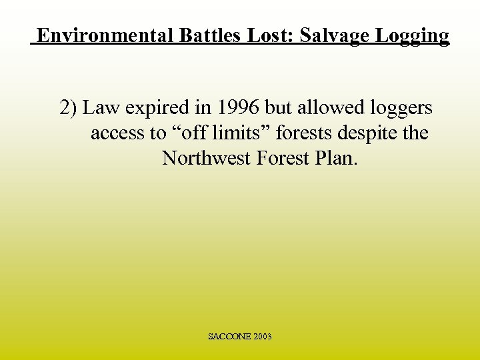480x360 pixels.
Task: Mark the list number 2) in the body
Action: (x=69, y=108)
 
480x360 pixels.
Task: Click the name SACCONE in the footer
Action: (x=229, y=337)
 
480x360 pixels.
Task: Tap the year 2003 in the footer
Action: (x=262, y=337)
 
